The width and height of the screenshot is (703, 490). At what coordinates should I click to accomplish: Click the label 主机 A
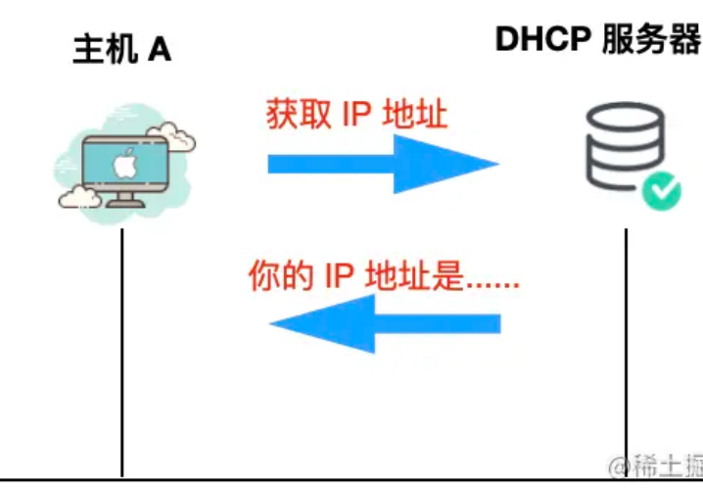(x=121, y=50)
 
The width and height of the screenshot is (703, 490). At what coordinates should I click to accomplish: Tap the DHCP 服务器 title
(x=598, y=40)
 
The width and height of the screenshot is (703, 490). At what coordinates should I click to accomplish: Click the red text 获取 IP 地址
(x=357, y=115)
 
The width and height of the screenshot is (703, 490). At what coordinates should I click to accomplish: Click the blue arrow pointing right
(x=383, y=164)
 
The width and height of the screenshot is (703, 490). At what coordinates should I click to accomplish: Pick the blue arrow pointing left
(x=385, y=323)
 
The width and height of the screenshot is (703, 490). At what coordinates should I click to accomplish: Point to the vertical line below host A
(x=122, y=353)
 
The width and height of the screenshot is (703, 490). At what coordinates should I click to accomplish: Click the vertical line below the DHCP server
(x=626, y=353)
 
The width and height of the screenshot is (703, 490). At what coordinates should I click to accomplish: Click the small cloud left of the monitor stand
(x=79, y=199)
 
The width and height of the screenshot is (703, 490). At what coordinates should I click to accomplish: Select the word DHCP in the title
(x=544, y=40)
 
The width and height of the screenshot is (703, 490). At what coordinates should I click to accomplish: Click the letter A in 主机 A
(x=159, y=50)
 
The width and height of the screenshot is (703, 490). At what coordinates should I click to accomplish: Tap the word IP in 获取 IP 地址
(x=356, y=115)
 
